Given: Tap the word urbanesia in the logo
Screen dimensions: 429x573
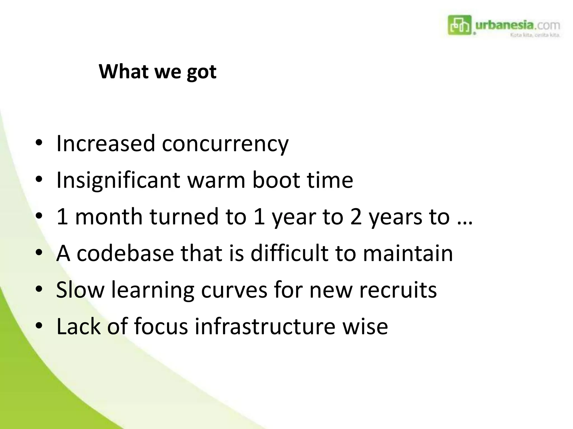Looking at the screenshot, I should click(504, 25).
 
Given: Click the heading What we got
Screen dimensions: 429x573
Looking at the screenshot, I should click(158, 72).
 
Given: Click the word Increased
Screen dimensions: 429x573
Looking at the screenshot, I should click(105, 144).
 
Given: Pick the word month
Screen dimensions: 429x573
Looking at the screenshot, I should click(109, 216).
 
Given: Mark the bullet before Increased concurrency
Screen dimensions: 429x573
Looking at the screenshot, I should click(39, 144).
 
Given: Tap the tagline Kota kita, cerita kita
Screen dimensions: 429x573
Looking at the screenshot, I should click(535, 35).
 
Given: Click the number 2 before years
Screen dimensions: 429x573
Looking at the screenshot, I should click(356, 217).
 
